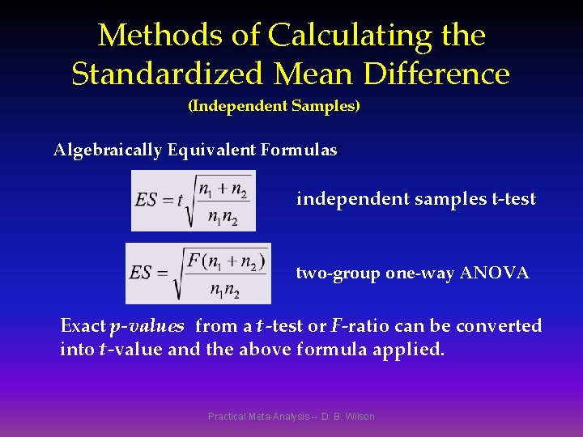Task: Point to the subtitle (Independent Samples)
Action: (x=274, y=106)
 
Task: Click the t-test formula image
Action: (x=194, y=201)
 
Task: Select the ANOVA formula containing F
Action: (x=198, y=273)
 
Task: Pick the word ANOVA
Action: (x=494, y=274)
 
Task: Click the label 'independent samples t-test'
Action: (x=416, y=199)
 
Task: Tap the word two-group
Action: (x=338, y=274)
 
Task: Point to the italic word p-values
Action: (x=147, y=326)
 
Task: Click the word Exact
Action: (x=83, y=326)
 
